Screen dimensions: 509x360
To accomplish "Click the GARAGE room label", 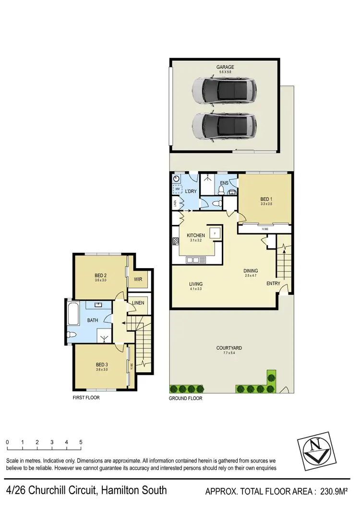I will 225,67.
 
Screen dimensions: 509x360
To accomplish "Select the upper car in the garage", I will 224,91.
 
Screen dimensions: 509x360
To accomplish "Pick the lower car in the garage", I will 224,126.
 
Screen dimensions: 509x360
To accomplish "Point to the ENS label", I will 224,183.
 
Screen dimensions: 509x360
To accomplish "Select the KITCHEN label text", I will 196,236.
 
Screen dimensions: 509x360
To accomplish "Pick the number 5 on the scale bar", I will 81,442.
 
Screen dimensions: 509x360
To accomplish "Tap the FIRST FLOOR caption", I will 86,398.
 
